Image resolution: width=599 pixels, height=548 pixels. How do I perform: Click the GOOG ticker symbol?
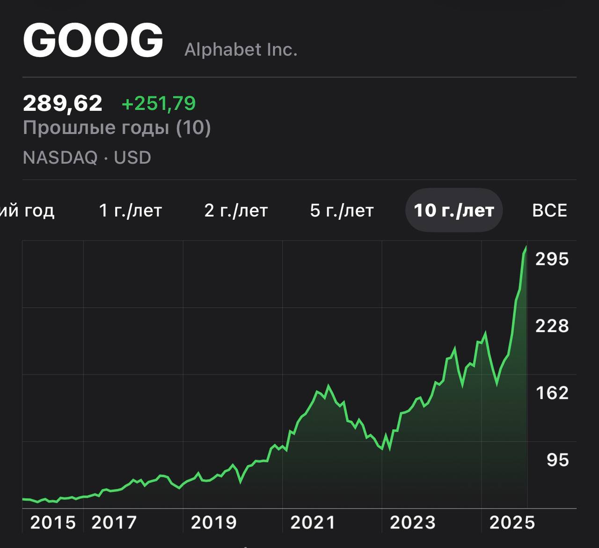pos(93,40)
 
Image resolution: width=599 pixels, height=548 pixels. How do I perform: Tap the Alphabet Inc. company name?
pos(241,50)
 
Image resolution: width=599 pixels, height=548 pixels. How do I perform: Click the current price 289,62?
pos(62,103)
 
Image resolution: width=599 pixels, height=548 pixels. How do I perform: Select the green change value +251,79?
pos(158,103)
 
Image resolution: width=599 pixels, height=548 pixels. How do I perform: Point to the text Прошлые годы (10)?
pos(117,128)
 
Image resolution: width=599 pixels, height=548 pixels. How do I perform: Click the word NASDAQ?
pos(60,158)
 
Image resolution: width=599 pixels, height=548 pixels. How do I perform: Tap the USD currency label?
pos(132,158)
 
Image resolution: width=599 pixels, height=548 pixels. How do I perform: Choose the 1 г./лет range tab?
pos(130,210)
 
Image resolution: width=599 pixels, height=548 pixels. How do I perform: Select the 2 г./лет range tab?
pos(236,210)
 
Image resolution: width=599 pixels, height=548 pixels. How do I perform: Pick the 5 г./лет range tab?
pos(342,210)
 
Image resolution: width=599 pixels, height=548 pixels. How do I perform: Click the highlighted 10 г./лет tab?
pos(453,210)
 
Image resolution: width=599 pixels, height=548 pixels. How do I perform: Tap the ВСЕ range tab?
pos(549,210)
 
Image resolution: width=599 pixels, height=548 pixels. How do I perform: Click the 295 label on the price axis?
pos(552,259)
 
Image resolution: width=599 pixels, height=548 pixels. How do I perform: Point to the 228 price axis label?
pos(552,326)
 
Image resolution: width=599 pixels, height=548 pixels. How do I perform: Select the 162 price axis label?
pos(552,393)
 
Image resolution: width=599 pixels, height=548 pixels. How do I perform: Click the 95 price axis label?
pos(557,460)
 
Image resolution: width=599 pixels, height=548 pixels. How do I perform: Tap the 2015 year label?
pos(53,522)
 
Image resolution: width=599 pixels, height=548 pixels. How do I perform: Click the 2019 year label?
pos(214,522)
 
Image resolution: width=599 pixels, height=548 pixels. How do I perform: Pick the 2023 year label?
pos(412,522)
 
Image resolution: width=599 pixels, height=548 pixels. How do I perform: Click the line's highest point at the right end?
pos(526,247)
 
